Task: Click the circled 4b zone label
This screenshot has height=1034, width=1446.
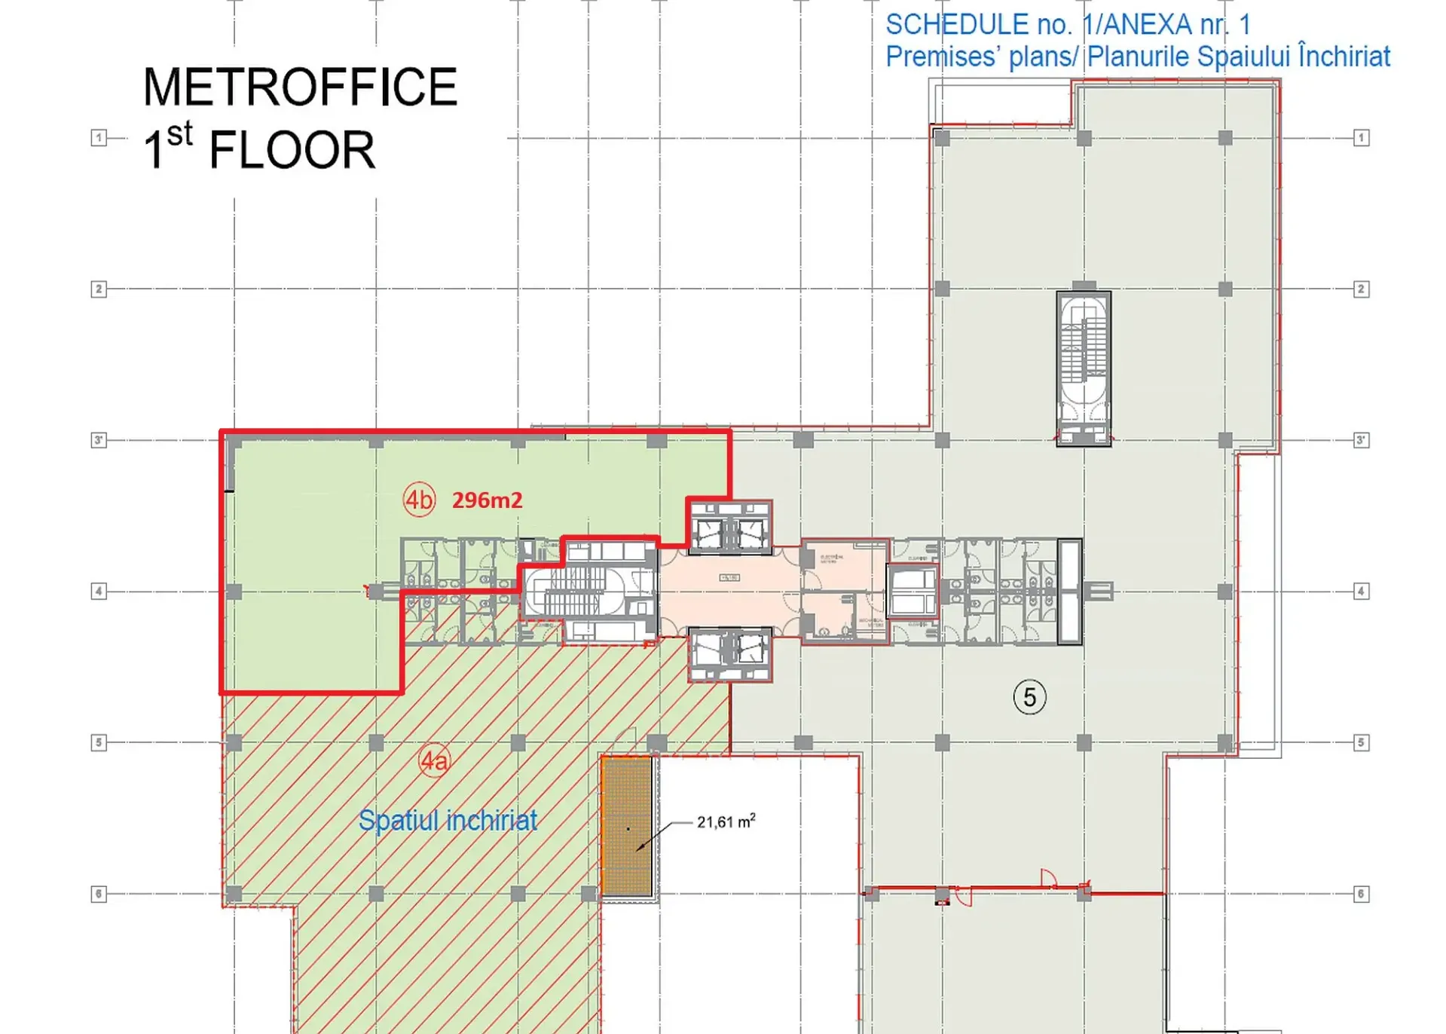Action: [x=419, y=500]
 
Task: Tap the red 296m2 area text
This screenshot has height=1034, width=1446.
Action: [x=487, y=500]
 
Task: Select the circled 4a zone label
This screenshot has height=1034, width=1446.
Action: [x=434, y=761]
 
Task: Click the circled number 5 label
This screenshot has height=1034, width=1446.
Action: [x=1029, y=697]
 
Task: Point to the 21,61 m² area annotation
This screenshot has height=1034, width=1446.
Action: [x=725, y=821]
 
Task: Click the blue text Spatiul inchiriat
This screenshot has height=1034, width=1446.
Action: [x=448, y=820]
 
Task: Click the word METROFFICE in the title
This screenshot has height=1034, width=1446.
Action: [x=300, y=87]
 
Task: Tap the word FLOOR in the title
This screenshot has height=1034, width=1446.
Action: [x=292, y=150]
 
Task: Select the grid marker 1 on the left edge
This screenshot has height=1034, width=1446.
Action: [x=99, y=138]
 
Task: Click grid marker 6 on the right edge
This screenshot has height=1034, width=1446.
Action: [x=1361, y=895]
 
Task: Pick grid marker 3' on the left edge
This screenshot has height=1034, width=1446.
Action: [x=99, y=440]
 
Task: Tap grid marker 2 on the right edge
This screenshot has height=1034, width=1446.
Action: [x=1361, y=289]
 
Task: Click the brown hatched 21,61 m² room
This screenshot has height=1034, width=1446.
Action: [x=627, y=827]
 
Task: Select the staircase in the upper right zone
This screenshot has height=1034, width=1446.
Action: [x=1084, y=368]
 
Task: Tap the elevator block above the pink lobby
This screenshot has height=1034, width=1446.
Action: [x=729, y=528]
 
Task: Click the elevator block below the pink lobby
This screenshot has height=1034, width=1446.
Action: [x=729, y=655]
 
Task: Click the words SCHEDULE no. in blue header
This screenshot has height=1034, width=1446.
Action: [x=978, y=25]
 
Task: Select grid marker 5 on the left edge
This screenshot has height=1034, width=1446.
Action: [x=99, y=743]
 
